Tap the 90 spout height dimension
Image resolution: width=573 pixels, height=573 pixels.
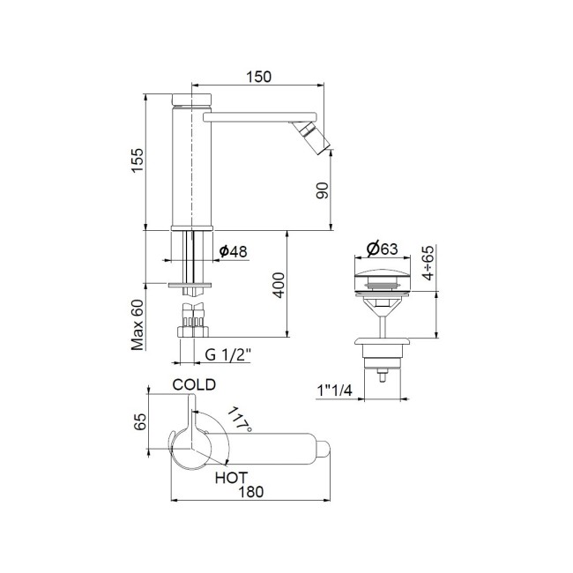(x=323, y=190)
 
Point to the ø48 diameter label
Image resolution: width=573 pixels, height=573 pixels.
(x=233, y=252)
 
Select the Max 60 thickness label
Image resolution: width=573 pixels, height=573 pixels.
(x=137, y=324)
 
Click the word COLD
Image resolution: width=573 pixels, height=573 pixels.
(x=194, y=385)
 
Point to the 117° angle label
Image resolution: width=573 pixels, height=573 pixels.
(x=240, y=420)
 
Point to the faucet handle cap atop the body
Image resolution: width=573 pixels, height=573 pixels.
(x=191, y=95)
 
